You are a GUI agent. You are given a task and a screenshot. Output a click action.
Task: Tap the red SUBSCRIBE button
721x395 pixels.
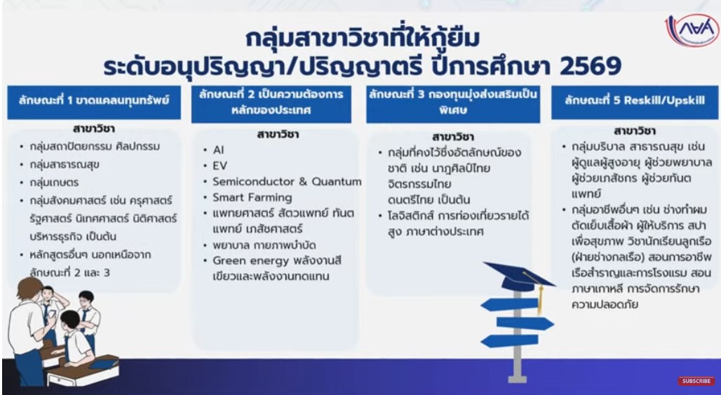click(x=696, y=381)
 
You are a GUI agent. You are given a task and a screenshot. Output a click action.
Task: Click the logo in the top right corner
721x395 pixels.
click(x=692, y=30)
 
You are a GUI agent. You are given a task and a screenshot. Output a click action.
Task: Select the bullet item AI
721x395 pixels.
click(x=218, y=150)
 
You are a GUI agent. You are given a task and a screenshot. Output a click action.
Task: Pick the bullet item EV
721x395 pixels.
click(x=220, y=166)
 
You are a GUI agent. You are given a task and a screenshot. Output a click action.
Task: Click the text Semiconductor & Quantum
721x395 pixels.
click(x=287, y=182)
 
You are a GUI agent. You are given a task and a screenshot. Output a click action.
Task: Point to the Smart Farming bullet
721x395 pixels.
click(x=252, y=198)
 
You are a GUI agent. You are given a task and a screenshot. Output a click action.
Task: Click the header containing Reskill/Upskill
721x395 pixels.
click(x=635, y=102)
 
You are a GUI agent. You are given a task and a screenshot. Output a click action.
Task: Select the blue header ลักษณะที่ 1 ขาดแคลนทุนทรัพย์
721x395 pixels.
click(x=94, y=102)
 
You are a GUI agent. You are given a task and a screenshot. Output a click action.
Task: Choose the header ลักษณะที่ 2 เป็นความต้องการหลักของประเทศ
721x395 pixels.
click(x=271, y=104)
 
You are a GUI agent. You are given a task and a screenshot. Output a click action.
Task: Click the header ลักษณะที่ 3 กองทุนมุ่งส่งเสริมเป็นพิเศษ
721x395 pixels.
click(x=453, y=104)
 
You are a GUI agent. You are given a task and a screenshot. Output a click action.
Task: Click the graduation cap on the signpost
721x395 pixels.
click(x=517, y=276)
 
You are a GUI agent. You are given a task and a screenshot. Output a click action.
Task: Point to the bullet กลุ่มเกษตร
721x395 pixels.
click(x=54, y=182)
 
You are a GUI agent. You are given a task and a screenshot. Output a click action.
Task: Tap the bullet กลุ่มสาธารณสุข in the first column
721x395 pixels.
click(x=65, y=164)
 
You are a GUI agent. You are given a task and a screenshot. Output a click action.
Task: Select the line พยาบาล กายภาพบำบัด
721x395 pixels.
click(x=264, y=245)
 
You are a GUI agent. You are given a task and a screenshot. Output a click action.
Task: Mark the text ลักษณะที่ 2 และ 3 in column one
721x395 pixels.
click(x=70, y=272)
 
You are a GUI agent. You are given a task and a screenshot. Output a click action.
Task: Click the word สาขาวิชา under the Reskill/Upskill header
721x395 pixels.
click(x=635, y=131)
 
